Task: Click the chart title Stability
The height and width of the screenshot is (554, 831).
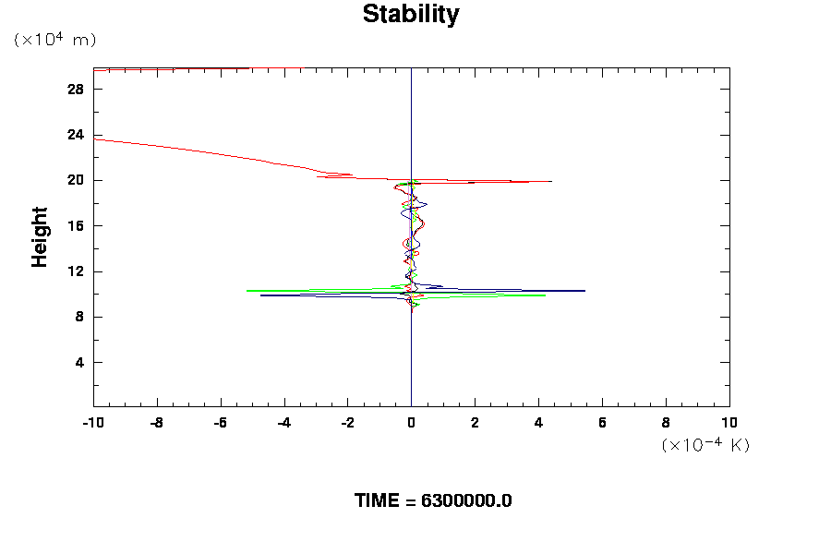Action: point(410,15)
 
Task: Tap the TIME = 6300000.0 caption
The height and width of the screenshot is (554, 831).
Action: point(433,500)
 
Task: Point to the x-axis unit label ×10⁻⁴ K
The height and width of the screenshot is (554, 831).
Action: point(705,445)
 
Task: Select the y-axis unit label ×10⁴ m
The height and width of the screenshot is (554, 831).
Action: point(55,40)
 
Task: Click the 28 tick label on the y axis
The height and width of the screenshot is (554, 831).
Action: point(77,89)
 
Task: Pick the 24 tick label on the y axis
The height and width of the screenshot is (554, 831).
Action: point(77,135)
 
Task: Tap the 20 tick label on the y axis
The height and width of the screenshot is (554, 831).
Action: point(77,180)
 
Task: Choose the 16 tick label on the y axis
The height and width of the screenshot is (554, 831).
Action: point(77,226)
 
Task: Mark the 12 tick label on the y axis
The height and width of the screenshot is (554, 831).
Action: point(77,271)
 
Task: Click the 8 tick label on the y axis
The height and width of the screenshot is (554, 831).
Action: point(80,317)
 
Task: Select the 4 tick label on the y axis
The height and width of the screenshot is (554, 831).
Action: point(80,363)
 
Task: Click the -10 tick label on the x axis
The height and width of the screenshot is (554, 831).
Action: point(92,423)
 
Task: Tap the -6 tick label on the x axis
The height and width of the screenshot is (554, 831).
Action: point(220,423)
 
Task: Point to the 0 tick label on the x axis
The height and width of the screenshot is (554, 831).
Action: point(411,423)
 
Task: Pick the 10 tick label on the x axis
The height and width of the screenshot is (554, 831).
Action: point(729,423)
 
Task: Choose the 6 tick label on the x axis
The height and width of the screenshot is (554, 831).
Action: point(602,423)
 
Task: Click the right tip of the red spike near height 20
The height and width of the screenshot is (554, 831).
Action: point(551,182)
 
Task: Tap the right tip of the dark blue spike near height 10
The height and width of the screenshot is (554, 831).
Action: point(584,291)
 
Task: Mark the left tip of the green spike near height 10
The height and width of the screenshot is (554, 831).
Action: point(247,291)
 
